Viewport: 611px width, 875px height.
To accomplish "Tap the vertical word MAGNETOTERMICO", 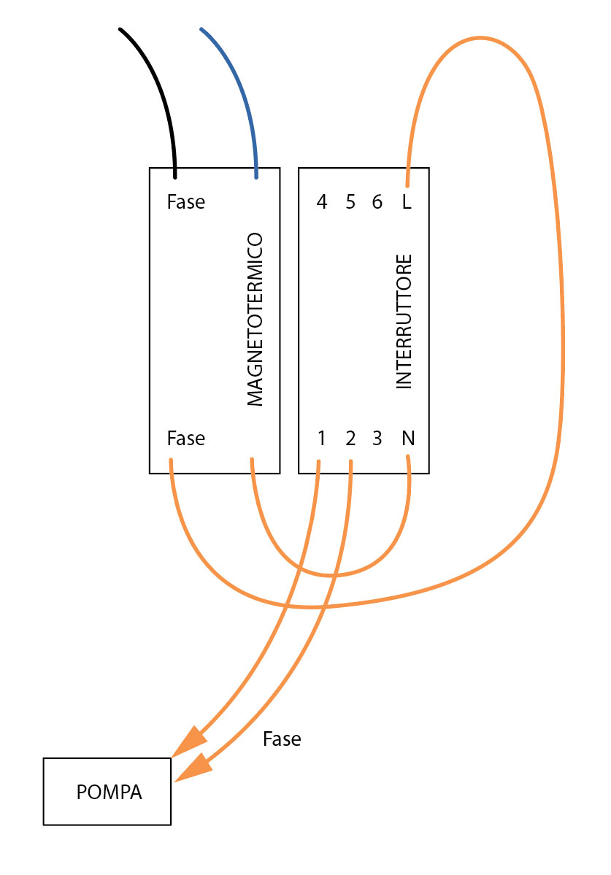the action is click(x=255, y=319).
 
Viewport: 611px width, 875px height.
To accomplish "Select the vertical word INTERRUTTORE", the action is click(x=404, y=321).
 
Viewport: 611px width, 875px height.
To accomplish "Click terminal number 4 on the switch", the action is click(x=321, y=201).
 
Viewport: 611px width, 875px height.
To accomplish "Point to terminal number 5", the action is click(x=350, y=201).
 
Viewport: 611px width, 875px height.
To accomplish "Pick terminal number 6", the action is click(x=377, y=201).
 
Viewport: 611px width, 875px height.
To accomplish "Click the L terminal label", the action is click(x=407, y=201).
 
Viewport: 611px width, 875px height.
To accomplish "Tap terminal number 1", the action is click(x=321, y=438).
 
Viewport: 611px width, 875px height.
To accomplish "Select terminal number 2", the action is click(x=350, y=438).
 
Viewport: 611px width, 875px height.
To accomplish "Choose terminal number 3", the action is click(x=377, y=438).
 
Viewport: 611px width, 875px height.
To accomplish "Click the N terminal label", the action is click(x=408, y=438).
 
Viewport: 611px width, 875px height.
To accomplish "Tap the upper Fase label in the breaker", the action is click(x=186, y=201).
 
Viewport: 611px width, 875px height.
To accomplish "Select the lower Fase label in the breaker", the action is click(x=186, y=438).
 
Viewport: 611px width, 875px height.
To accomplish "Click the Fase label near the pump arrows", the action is click(x=282, y=739).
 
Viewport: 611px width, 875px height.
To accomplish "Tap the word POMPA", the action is click(x=109, y=792).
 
